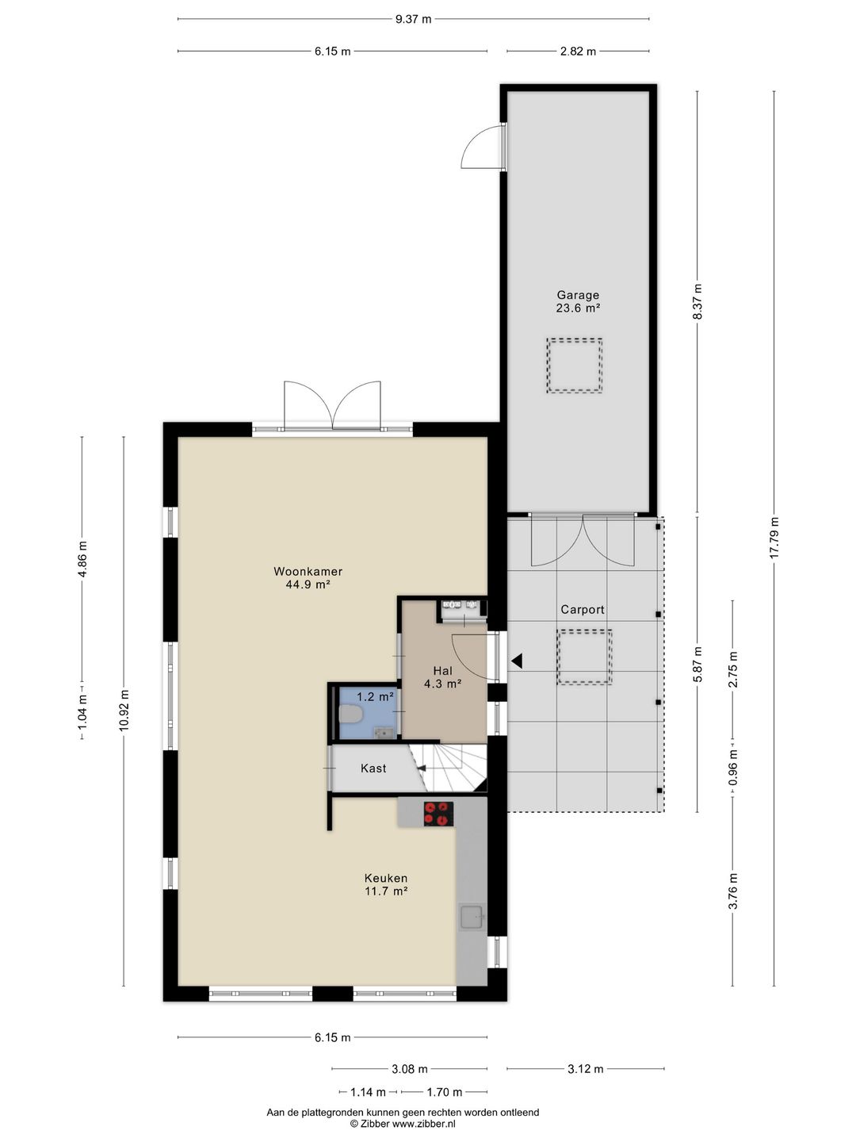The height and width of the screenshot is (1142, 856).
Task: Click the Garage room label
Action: click(x=578, y=296)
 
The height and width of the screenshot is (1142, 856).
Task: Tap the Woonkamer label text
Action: click(x=308, y=571)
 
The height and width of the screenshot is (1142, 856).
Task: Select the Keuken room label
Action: click(x=386, y=878)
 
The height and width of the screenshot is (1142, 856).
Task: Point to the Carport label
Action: click(x=583, y=610)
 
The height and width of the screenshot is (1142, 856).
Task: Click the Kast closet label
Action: click(x=373, y=768)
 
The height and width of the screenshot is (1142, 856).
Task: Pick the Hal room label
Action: click(x=443, y=671)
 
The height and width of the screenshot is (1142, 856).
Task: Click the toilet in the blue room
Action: click(x=350, y=715)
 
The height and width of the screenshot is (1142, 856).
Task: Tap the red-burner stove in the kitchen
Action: click(x=438, y=814)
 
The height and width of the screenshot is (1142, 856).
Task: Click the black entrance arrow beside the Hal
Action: click(x=517, y=661)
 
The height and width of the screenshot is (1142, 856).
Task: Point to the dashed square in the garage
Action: click(x=575, y=366)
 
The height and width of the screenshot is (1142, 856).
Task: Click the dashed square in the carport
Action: click(x=585, y=657)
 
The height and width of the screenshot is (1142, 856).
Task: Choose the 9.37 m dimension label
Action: click(x=413, y=19)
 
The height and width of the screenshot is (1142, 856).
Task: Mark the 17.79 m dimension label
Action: click(x=774, y=538)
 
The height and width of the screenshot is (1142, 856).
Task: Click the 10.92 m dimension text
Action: click(x=124, y=710)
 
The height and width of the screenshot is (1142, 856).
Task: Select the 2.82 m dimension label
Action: click(x=578, y=52)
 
